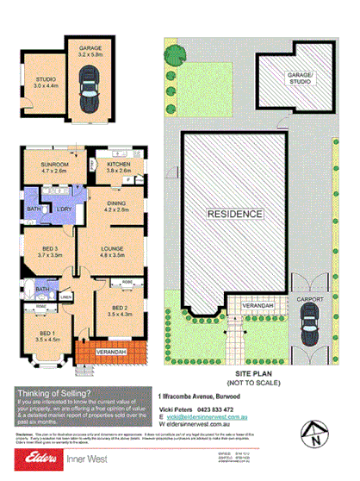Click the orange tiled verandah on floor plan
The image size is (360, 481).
click(x=110, y=353)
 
